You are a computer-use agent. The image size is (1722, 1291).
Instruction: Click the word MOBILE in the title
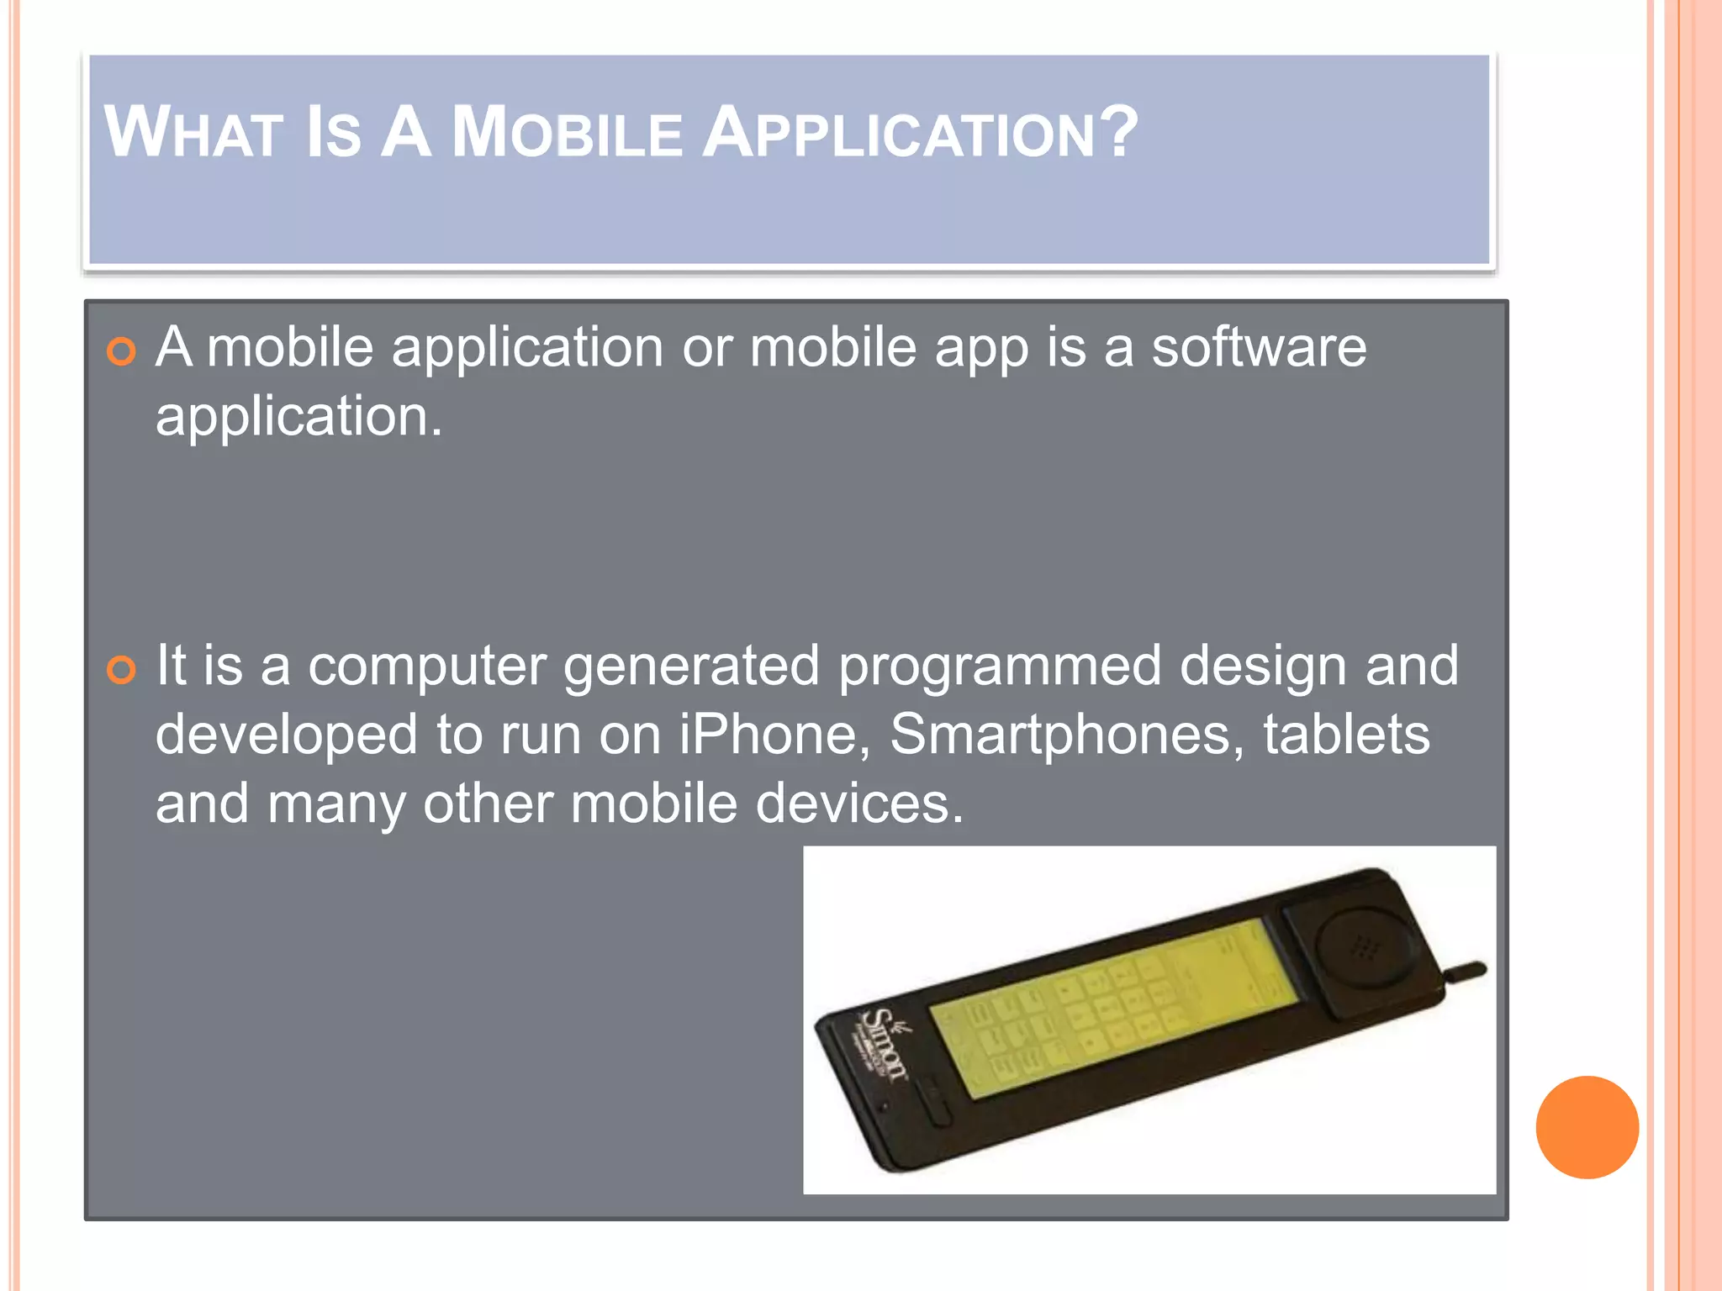pos(568,133)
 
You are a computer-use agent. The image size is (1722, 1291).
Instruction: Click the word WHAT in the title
pos(193,133)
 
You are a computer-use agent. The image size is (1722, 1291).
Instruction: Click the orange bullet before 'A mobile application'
pos(122,351)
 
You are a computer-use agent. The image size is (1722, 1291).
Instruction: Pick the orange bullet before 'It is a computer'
pos(122,670)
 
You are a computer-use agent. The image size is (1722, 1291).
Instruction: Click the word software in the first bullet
pos(1259,347)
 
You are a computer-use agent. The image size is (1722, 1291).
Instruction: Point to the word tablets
pos(1345,734)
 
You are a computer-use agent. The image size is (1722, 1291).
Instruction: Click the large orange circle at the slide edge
pos(1587,1127)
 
